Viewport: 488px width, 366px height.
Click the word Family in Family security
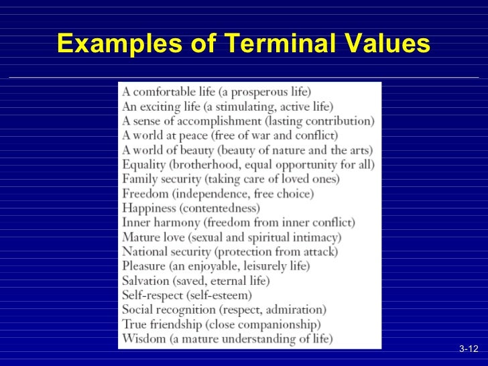pos(139,179)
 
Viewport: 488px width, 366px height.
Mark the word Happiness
pos(148,208)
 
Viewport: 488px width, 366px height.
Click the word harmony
pos(176,223)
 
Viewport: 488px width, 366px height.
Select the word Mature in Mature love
pos(139,237)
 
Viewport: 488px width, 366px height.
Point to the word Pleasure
pos(143,266)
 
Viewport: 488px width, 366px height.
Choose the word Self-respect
pos(150,295)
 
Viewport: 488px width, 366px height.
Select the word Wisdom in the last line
pos(143,339)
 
